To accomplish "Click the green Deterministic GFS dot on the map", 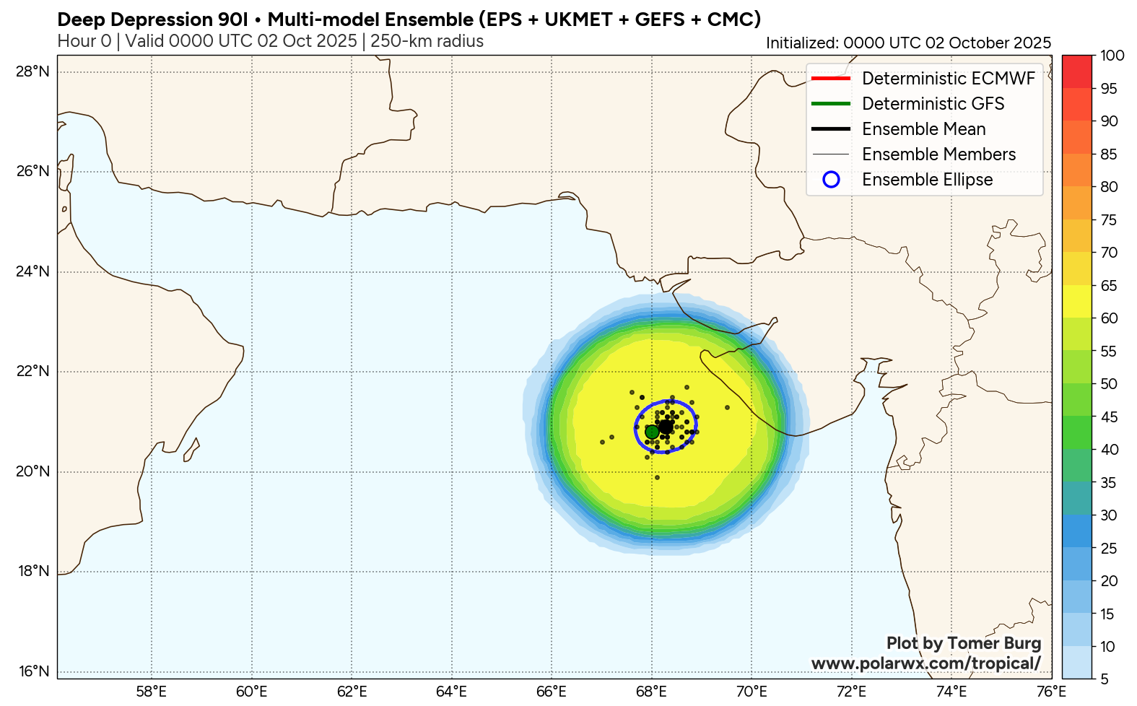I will (x=652, y=432).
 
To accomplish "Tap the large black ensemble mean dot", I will (x=666, y=427).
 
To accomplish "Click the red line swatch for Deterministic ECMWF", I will (x=831, y=78).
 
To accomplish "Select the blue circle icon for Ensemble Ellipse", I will (x=831, y=180).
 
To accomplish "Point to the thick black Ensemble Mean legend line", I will (x=831, y=129).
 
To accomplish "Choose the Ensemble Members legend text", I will (x=938, y=154).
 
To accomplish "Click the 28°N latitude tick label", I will (x=33, y=71).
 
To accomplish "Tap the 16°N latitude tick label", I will (x=33, y=671).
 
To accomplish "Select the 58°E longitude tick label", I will (x=152, y=692).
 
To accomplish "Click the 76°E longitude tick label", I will (x=1051, y=692).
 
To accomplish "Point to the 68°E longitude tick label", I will (x=651, y=692).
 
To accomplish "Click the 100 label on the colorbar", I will (x=1112, y=56).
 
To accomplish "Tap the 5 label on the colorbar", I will (x=1105, y=679).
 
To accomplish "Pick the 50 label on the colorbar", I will (x=1109, y=383).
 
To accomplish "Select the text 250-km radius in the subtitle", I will (x=427, y=41).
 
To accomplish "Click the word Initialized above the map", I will (x=801, y=43).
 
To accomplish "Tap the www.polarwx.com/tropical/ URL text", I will (x=926, y=663).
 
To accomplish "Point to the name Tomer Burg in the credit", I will (x=994, y=642).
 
